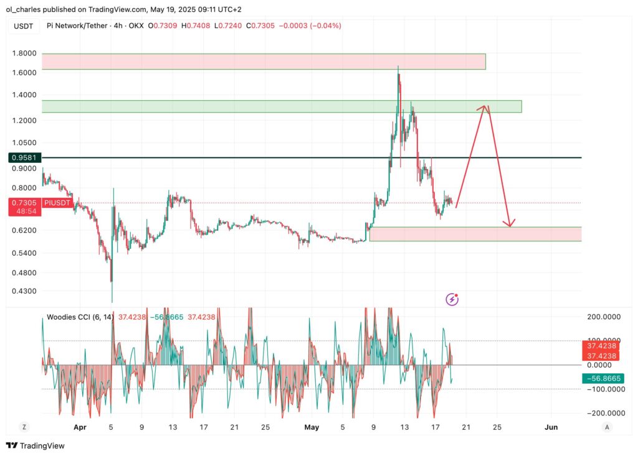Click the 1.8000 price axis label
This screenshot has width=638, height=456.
tap(24, 54)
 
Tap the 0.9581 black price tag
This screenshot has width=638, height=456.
tap(24, 158)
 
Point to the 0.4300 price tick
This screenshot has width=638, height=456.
tap(24, 291)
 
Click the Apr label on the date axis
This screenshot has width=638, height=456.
tap(80, 427)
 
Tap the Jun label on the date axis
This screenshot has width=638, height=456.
tap(551, 427)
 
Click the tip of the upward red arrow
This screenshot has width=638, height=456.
tap(485, 106)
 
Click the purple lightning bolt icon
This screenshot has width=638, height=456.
tap(452, 300)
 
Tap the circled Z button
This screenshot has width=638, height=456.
tap(24, 427)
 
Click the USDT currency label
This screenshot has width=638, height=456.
tap(24, 26)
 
